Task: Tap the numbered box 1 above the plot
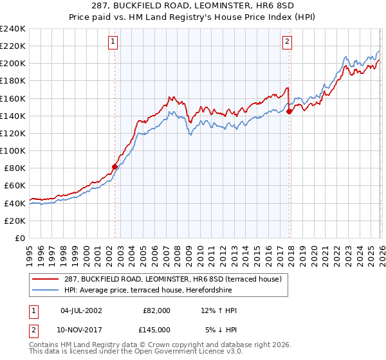coord(113,42)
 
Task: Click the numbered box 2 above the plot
coord(287,42)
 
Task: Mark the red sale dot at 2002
coord(115,166)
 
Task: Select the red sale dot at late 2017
coord(289,111)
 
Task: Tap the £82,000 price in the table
coord(156,310)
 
